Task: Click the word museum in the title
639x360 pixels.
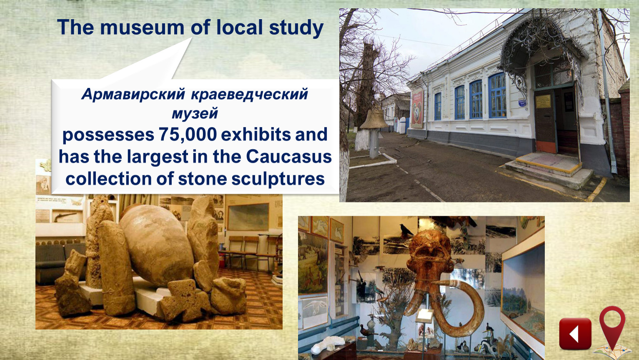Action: tap(142, 27)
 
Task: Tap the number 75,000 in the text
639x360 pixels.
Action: tap(188, 134)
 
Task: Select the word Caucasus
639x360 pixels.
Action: tap(289, 157)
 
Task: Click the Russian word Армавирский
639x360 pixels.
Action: tap(133, 94)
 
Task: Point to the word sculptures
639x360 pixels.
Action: tap(278, 179)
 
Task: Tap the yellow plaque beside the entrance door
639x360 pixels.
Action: tap(543, 102)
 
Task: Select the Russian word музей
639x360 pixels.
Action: tap(195, 113)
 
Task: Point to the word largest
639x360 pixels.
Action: tap(158, 157)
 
